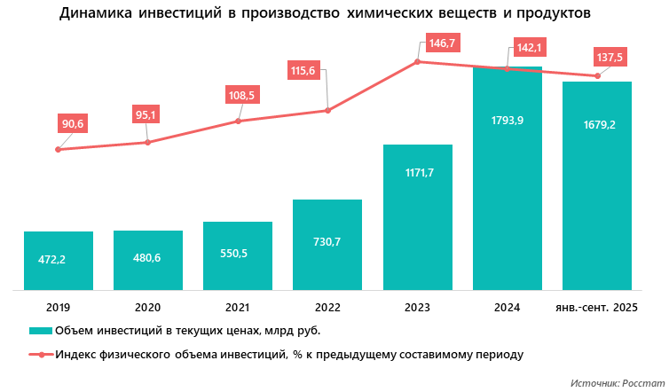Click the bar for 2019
click(x=59, y=261)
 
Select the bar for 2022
click(x=327, y=245)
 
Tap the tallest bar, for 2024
click(x=507, y=177)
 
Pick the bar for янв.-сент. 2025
click(x=596, y=185)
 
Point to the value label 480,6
click(x=148, y=259)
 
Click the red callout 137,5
click(x=610, y=57)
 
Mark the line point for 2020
click(x=148, y=142)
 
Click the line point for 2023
click(x=417, y=61)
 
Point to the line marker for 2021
click(x=238, y=121)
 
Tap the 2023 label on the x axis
click(x=417, y=307)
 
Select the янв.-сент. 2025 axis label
click(x=596, y=307)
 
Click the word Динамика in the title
click(x=95, y=14)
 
